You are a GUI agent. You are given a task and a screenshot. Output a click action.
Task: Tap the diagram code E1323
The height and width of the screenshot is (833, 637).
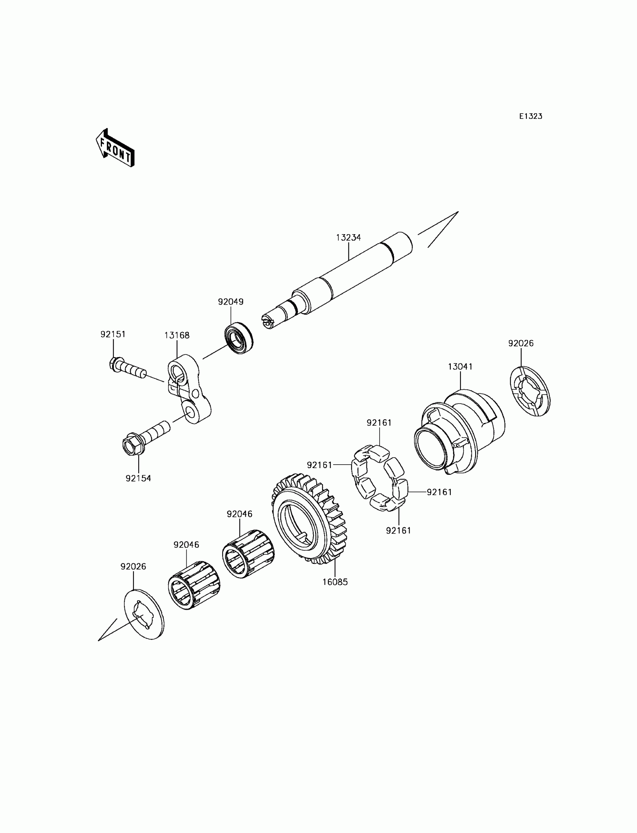click(x=531, y=117)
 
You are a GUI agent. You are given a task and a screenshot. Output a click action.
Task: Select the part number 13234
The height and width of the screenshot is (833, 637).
click(x=348, y=238)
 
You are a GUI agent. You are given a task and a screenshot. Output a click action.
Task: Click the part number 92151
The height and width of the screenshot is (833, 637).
click(x=113, y=334)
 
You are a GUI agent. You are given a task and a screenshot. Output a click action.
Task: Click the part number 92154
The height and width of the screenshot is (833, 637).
click(x=138, y=479)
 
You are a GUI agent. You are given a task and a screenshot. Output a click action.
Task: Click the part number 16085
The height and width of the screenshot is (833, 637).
click(x=335, y=582)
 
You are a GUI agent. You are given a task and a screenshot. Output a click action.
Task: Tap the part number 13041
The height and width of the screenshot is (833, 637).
click(x=460, y=366)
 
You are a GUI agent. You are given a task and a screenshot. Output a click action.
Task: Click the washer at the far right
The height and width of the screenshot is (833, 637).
click(x=529, y=391)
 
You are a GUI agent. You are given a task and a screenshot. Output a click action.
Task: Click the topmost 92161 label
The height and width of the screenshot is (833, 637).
click(x=379, y=423)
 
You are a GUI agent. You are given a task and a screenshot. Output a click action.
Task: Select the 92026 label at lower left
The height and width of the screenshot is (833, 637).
click(x=133, y=567)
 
